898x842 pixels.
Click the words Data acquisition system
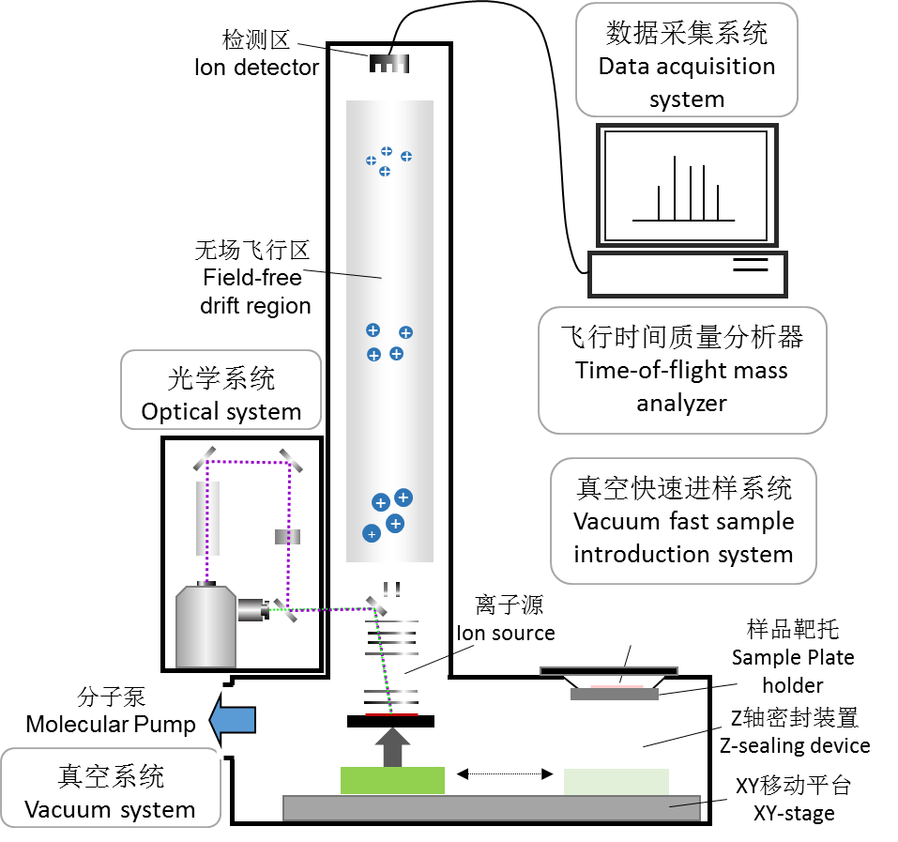687,83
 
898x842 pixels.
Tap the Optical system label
221,411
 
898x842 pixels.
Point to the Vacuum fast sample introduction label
683,537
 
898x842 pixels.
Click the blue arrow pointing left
233,720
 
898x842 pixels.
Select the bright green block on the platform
392,781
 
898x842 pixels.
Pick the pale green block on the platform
616,782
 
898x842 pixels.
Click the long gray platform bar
492,808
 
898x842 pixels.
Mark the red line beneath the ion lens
391,714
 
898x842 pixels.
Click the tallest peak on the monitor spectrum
675,188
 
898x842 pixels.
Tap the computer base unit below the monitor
687,274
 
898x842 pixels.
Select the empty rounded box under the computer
682,370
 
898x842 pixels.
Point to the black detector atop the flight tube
390,65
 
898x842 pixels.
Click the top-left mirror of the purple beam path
206,459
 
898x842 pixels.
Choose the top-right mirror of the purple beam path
289,459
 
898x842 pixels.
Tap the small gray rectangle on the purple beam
288,537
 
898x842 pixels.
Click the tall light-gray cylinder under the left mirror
207,518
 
